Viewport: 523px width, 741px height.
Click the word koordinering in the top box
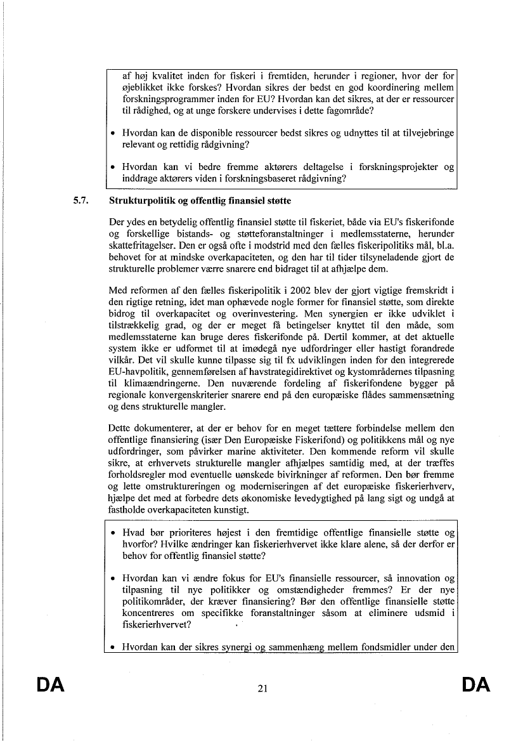(389, 89)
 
